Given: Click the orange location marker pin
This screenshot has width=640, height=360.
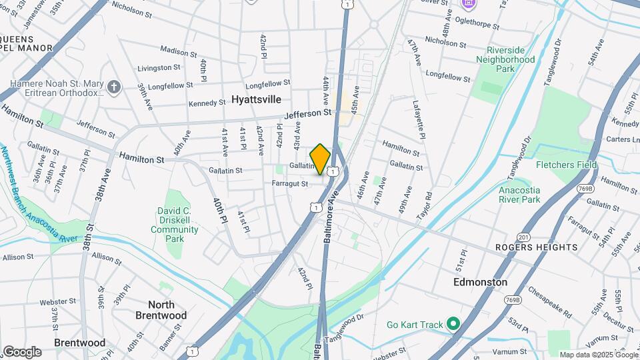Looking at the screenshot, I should coord(320,159).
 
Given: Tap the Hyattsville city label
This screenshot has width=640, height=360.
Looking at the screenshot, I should coord(256,99).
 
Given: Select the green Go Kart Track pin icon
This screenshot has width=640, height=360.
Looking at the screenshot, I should coord(453,325).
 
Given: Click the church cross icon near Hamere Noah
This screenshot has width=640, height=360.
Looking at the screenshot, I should coord(115,87).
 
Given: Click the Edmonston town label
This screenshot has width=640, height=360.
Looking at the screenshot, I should coord(480,282).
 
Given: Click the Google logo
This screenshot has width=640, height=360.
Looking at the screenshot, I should coord(22,352).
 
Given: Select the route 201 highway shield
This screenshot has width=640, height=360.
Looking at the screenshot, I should coord(523,238).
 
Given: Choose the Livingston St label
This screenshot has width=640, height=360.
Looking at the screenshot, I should coord(159,68).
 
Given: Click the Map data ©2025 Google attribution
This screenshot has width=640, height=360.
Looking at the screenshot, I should coord(599,355).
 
